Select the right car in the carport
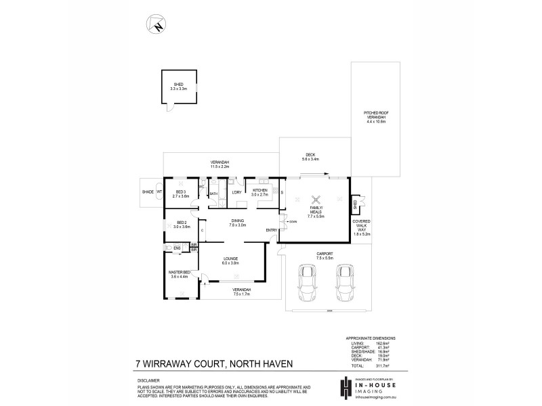(346, 281)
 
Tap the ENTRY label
(271, 230)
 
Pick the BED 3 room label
(181, 194)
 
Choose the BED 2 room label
(181, 225)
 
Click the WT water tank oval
(160, 192)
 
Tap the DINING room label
(237, 223)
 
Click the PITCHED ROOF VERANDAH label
(375, 116)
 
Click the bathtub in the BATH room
(213, 190)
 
